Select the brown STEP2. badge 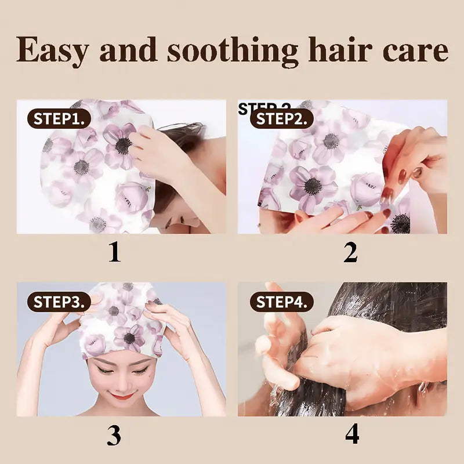282,119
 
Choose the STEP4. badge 282,302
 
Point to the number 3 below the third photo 114,435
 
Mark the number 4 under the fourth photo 352,435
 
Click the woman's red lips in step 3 122,396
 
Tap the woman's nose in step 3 122,381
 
